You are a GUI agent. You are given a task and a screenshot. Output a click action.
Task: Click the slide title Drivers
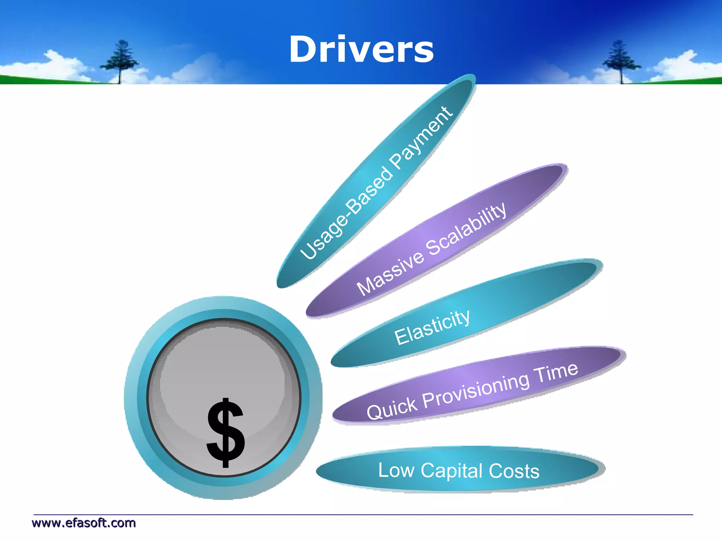pos(361,50)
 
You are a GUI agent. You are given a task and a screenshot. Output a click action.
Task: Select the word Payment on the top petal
pos(421,137)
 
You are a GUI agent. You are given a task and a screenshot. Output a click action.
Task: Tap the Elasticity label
pos(432,328)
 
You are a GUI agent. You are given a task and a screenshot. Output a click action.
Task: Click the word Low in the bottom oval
pos(396,470)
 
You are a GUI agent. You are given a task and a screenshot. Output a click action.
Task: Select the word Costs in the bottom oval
pos(514,471)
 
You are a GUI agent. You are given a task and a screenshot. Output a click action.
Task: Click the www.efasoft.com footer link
pos(84,523)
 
